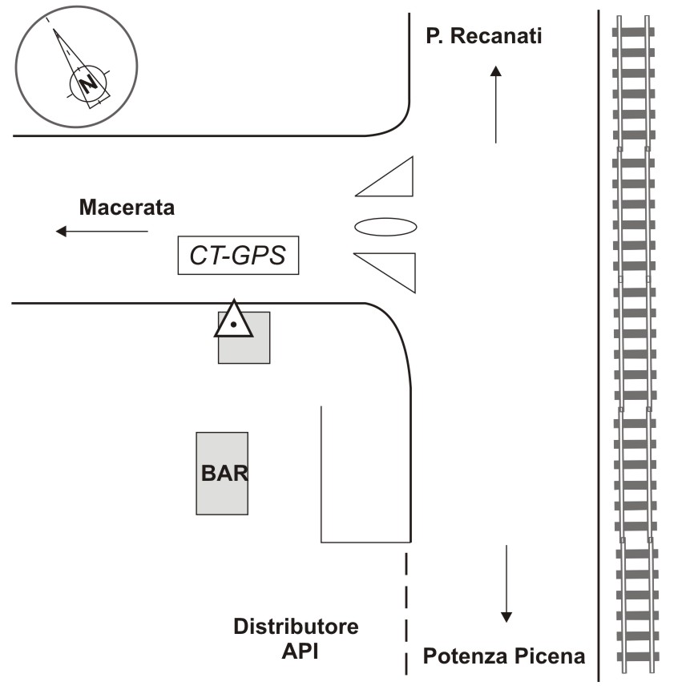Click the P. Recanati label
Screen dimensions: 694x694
tap(484, 36)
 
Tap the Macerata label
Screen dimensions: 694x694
tap(127, 208)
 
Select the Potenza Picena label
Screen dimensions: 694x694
tap(504, 657)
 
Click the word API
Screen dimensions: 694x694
tap(300, 651)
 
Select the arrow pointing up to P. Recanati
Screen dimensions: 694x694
tap(496, 104)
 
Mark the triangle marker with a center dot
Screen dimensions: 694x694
tap(233, 321)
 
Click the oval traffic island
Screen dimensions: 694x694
tap(385, 227)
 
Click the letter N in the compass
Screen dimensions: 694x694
tap(87, 83)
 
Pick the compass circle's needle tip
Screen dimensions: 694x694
tap(54, 30)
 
